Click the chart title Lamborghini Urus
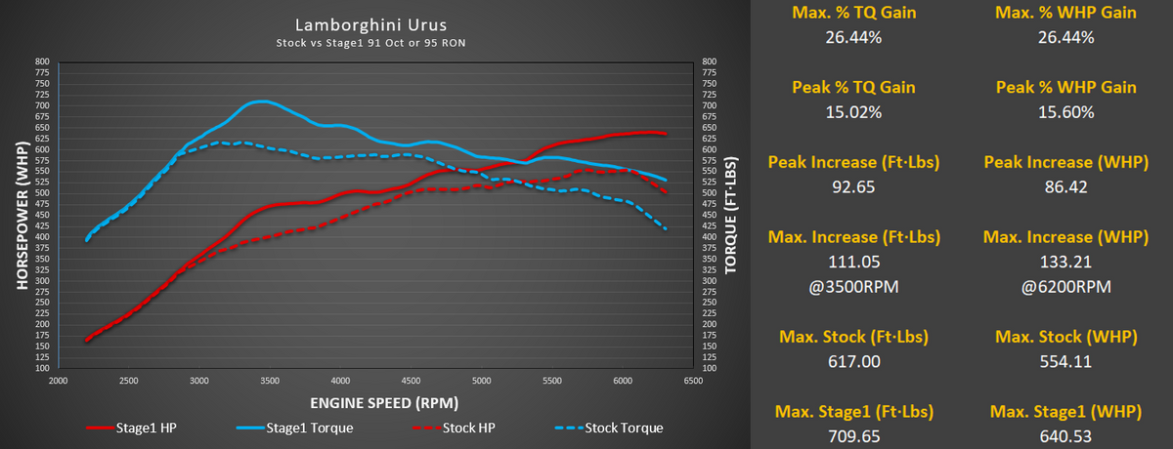(370, 24)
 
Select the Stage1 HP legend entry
(131, 429)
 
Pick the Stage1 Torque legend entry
(295, 429)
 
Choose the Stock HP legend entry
(454, 429)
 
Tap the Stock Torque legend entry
(609, 429)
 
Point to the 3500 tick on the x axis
(270, 381)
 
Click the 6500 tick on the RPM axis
(693, 381)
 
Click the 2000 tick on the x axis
(58, 381)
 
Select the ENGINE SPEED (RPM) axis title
(384, 403)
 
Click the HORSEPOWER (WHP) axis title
(22, 215)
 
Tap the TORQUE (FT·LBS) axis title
(730, 215)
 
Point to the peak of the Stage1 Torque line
(262, 102)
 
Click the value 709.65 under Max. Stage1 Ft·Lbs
(854, 436)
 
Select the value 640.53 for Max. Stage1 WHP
(1065, 436)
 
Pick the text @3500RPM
(853, 286)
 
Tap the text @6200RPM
(1066, 286)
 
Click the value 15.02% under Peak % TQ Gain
(853, 112)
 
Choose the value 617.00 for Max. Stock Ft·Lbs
(854, 361)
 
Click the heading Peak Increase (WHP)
(1066, 162)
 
